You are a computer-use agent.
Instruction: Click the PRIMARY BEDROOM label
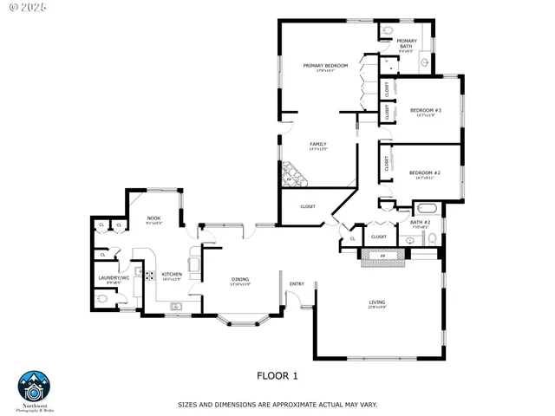[325, 66]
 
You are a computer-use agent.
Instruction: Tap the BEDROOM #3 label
[426, 111]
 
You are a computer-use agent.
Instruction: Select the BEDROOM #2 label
[425, 173]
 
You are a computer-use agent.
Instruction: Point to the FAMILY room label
[319, 144]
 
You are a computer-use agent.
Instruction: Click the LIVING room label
[376, 302]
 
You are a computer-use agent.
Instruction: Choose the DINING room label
[240, 279]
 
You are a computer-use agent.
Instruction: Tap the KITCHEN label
[171, 275]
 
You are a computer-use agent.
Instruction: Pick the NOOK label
[153, 218]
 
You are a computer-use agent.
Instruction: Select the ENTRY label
[297, 283]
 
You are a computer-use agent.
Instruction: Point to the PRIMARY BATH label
[407, 43]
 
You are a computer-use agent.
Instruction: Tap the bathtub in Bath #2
[428, 209]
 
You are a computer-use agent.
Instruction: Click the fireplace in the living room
[382, 257]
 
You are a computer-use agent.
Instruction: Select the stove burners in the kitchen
[148, 276]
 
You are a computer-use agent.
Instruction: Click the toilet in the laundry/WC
[103, 297]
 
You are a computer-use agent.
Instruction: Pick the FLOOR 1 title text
[277, 375]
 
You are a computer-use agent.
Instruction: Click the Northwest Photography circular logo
[35, 387]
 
